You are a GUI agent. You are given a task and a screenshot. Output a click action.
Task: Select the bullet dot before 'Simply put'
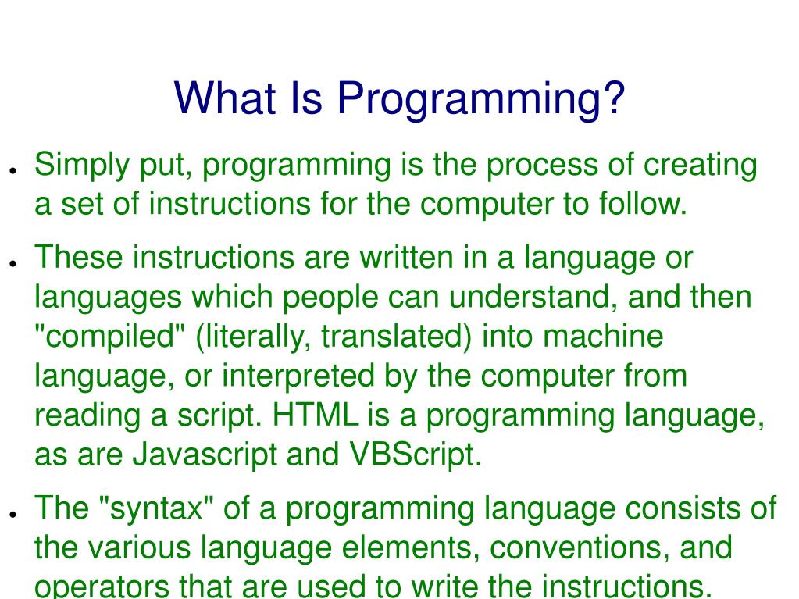(x=13, y=169)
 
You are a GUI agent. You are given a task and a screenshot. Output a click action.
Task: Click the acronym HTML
(x=316, y=415)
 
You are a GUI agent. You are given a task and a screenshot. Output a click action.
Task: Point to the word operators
(x=97, y=587)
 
